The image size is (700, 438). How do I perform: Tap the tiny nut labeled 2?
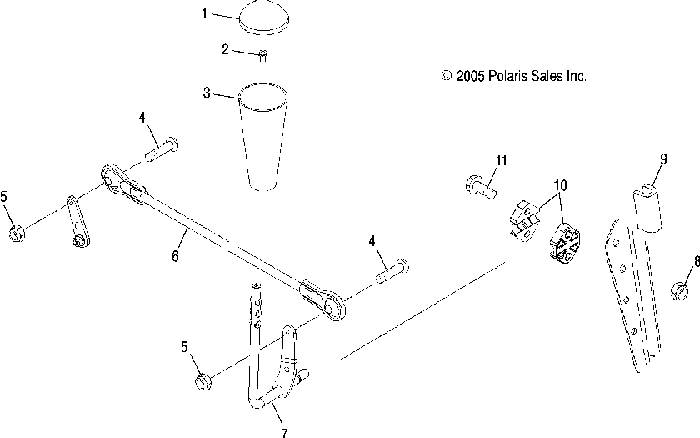pyautogui.click(x=262, y=56)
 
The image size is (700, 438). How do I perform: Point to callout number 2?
pyautogui.click(x=225, y=50)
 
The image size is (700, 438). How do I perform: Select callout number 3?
pyautogui.click(x=207, y=93)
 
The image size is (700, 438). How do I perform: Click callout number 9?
pyautogui.click(x=663, y=159)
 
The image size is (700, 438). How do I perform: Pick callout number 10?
pyautogui.click(x=558, y=185)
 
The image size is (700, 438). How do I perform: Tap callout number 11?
pyautogui.click(x=501, y=159)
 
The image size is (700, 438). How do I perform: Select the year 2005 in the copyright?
pyautogui.click(x=469, y=76)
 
